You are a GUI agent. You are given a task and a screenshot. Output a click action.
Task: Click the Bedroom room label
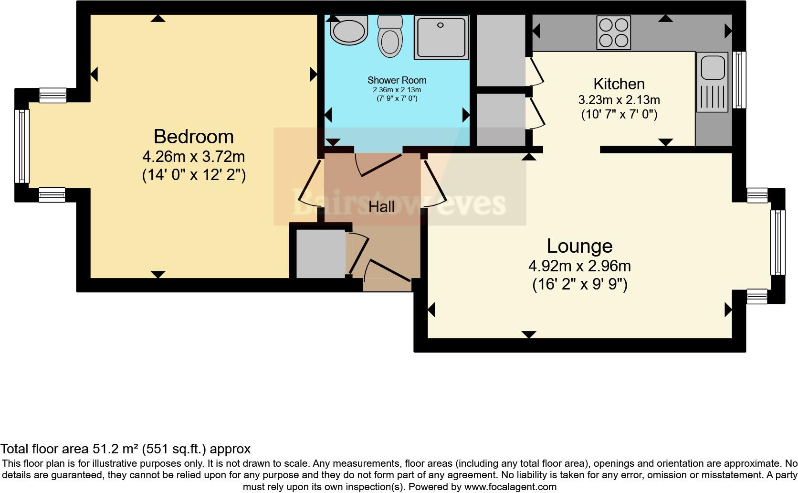point(193,137)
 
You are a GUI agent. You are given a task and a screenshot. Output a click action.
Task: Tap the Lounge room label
point(579,246)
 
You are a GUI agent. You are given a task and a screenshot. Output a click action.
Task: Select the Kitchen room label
point(619,84)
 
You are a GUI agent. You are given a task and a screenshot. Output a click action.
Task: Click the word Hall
point(381,207)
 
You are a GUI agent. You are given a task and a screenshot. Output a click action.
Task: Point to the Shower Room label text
point(397,80)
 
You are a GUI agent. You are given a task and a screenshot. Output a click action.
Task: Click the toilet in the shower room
point(390,37)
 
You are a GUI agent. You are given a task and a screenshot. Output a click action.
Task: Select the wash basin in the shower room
point(349,31)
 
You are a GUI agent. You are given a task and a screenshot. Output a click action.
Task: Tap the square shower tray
point(441,37)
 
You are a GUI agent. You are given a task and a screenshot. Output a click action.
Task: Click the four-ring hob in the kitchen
point(613,33)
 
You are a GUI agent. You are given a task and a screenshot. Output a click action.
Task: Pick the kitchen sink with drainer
point(712,82)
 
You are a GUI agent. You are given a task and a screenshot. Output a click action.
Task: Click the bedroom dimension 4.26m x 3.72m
point(193,156)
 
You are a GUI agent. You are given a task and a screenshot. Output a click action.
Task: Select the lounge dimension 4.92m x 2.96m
point(579,266)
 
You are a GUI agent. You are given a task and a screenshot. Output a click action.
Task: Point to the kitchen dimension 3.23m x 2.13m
point(619,100)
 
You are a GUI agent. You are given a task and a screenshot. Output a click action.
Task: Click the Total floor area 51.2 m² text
point(125,449)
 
